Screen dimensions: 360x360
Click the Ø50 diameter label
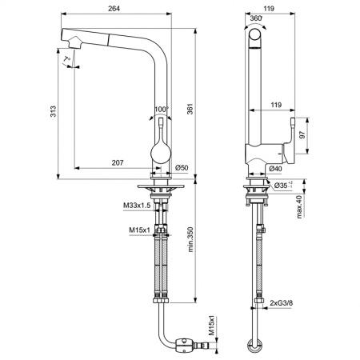coord(181,167)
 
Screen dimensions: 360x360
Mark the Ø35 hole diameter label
coord(282,185)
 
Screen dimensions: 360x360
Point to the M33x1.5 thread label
coord(138,206)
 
